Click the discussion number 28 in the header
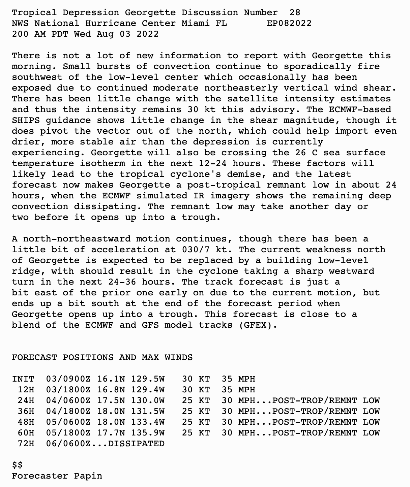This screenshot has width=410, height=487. coord(295,13)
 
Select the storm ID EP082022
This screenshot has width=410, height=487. coord(289,24)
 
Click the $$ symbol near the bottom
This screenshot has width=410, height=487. coord(18,465)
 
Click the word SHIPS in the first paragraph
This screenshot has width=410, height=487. coord(26,121)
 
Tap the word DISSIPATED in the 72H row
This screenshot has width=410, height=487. coord(136,444)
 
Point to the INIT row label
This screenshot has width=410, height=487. coord(23,379)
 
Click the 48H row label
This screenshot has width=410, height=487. coord(26,422)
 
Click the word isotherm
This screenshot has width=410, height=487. coord(102,164)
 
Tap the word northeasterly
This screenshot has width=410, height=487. coord(243,88)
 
